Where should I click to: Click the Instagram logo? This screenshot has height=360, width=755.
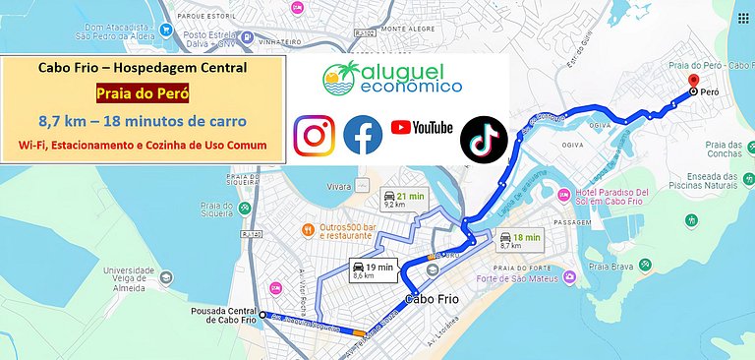pos(315,136)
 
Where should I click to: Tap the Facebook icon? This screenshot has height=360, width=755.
pos(363,136)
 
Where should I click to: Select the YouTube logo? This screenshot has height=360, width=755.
pos(422,128)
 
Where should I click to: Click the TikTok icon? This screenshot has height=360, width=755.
pos(484,137)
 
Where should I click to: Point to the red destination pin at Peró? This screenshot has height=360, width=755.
pos(693,82)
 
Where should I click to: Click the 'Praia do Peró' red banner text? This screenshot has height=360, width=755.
pos(143,95)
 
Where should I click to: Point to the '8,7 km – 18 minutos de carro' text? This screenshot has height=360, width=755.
pos(143,122)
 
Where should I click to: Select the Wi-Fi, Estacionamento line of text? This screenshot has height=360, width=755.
pos(143,146)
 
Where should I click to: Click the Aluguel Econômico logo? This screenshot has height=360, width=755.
pos(393,79)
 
